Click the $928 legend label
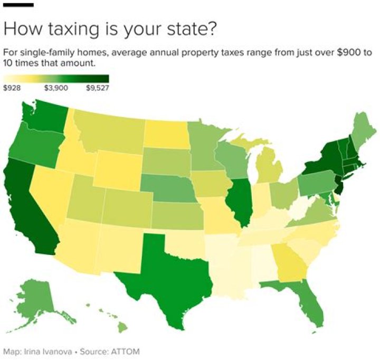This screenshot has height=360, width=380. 12,88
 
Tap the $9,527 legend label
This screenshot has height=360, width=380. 97,88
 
